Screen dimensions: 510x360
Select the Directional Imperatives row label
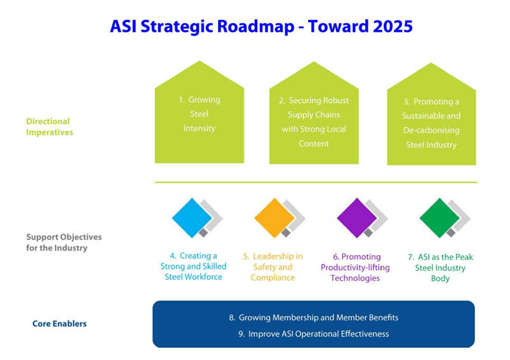point(50,127)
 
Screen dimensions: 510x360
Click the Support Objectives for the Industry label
point(64,242)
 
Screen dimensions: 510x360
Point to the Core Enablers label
point(59,324)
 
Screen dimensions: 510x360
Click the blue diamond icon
point(192,218)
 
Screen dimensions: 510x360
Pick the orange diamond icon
point(275,218)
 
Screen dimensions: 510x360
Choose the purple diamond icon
point(357,218)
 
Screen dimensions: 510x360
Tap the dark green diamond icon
point(439,218)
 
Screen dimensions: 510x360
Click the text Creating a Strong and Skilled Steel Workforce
point(194,266)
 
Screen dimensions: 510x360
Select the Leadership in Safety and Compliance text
point(273,267)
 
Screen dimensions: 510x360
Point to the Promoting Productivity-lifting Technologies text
point(355,268)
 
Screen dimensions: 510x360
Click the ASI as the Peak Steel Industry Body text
point(441,268)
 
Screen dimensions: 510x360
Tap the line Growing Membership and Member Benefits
point(314,317)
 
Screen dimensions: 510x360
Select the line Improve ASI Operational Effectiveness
point(314,334)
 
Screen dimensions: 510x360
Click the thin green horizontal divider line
point(316,182)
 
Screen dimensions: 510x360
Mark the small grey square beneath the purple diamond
point(368,233)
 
